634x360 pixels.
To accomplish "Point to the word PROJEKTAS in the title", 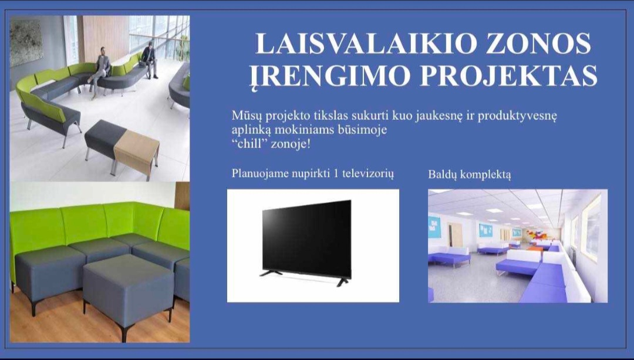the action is click(508, 75).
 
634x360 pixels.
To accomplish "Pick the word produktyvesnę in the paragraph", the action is click(517, 117).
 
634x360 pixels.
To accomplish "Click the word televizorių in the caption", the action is click(368, 173).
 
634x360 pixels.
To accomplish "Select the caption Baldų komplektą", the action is click(470, 175).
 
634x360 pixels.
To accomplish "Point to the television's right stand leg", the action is click(342, 282).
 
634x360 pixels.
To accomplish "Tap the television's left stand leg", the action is click(271, 273).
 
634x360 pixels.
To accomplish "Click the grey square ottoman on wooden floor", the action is click(128, 291).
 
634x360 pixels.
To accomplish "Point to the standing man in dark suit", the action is click(150, 60).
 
